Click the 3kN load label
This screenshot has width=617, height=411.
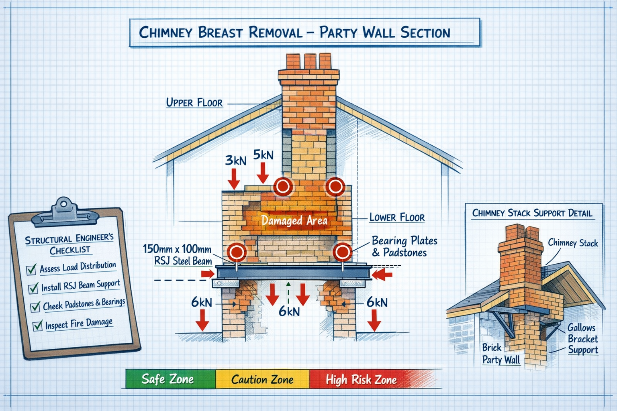click(235, 161)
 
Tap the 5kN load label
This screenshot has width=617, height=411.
click(263, 155)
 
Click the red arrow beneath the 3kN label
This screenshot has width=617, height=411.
click(234, 179)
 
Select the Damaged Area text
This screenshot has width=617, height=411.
click(294, 220)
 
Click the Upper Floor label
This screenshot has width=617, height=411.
click(194, 103)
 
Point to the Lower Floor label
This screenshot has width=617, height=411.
click(397, 218)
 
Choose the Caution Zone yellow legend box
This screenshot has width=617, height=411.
click(262, 379)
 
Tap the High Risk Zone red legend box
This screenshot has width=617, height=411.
click(361, 379)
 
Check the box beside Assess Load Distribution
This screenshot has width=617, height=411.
click(31, 270)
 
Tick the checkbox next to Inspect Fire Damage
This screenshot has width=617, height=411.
click(37, 326)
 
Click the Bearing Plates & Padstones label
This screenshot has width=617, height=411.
click(404, 246)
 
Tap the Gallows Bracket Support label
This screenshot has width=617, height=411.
click(582, 339)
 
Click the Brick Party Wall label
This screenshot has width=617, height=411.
click(501, 354)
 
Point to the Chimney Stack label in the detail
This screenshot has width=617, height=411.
click(573, 243)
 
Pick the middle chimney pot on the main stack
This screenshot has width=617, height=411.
click(310, 61)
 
